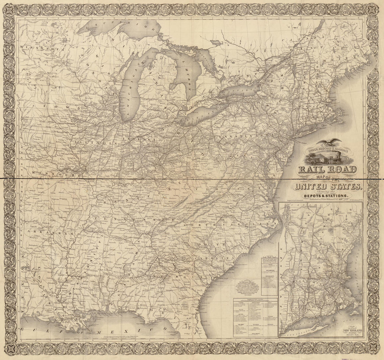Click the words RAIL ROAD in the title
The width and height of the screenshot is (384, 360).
(x=327, y=170)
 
